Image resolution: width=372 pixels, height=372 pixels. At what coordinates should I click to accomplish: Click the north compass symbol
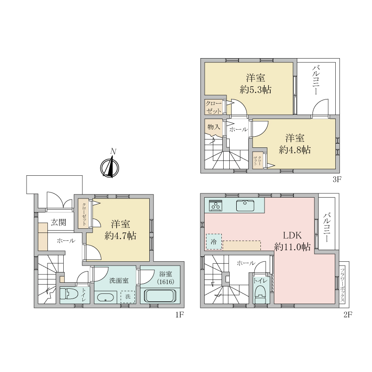[x=110, y=167]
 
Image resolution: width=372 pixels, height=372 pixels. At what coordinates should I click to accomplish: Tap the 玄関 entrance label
[x=59, y=222]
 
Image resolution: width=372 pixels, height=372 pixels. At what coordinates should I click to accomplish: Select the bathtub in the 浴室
[x=160, y=295]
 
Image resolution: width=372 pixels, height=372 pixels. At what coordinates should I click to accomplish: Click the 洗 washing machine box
[x=127, y=297]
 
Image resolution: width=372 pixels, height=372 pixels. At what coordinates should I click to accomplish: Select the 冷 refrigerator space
[x=214, y=241]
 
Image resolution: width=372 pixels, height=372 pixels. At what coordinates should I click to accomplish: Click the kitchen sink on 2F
[x=245, y=206]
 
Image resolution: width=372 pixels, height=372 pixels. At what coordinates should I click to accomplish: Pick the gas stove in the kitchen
[x=216, y=206]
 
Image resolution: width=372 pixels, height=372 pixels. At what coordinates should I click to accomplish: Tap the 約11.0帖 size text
[x=292, y=247]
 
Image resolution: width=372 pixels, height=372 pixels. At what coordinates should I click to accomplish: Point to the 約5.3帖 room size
[x=255, y=90]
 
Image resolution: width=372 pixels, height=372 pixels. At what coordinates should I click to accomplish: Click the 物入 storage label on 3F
[x=213, y=127]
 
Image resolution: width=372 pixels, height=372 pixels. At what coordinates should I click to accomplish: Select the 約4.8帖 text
[x=295, y=150]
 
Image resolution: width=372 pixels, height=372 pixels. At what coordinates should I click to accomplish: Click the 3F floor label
[x=337, y=179]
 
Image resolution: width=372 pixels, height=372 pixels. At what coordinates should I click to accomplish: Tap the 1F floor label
[x=179, y=315]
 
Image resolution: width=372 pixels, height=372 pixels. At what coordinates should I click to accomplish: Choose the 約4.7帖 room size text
[x=120, y=236]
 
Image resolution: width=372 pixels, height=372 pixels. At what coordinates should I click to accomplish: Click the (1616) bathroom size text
[x=166, y=282]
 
